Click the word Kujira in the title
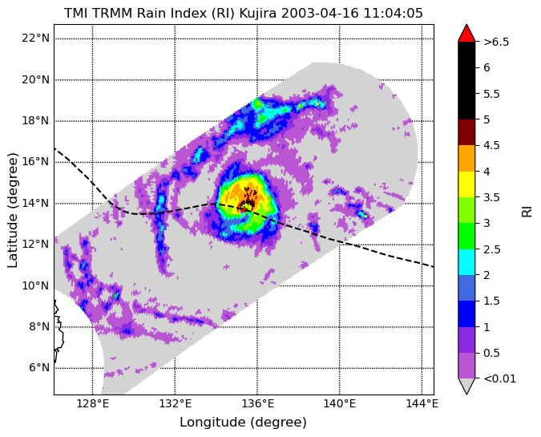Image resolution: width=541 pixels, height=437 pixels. click(x=258, y=14)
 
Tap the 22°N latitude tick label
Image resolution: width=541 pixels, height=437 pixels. click(x=35, y=38)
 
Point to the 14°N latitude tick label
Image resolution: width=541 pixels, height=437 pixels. click(x=35, y=203)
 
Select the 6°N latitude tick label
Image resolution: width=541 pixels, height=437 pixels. click(x=38, y=367)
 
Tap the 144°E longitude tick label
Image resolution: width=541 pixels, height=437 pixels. click(x=422, y=403)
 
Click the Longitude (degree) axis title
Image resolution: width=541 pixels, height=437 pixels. click(x=243, y=422)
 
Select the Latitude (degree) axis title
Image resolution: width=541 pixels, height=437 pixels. click(x=12, y=210)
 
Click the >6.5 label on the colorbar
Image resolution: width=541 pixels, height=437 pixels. click(x=496, y=42)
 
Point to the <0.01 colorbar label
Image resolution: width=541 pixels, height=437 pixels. click(x=500, y=378)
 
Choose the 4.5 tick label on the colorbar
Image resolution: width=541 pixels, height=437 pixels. click(x=491, y=145)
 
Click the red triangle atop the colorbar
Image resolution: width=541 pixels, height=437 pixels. click(x=466, y=33)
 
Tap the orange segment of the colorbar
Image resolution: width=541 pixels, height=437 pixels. click(x=466, y=158)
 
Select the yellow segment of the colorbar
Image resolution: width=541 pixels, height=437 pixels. click(x=466, y=184)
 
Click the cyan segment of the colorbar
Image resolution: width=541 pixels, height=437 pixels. click(x=466, y=262)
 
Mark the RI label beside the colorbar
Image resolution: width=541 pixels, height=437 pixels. click(x=527, y=209)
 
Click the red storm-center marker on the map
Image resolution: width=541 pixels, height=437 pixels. click(x=243, y=208)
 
